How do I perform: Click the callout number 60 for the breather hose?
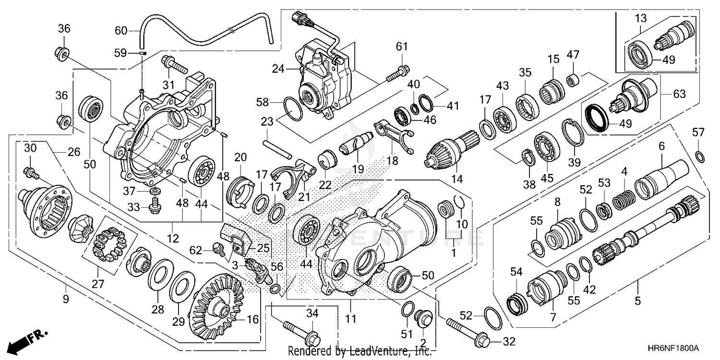pyautogui.click(x=121, y=31)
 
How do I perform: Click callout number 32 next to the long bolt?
pyautogui.click(x=509, y=341)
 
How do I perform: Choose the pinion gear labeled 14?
pyautogui.click(x=452, y=151)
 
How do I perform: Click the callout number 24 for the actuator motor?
pyautogui.click(x=278, y=69)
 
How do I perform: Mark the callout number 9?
pyautogui.click(x=66, y=299)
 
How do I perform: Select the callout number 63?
pyautogui.click(x=679, y=94)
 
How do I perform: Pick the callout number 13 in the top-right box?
pyautogui.click(x=640, y=18)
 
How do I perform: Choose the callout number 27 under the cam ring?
pyautogui.click(x=98, y=284)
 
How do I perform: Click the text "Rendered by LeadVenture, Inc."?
pyautogui.click(x=360, y=351)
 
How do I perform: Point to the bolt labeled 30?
pyautogui.click(x=32, y=173)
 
